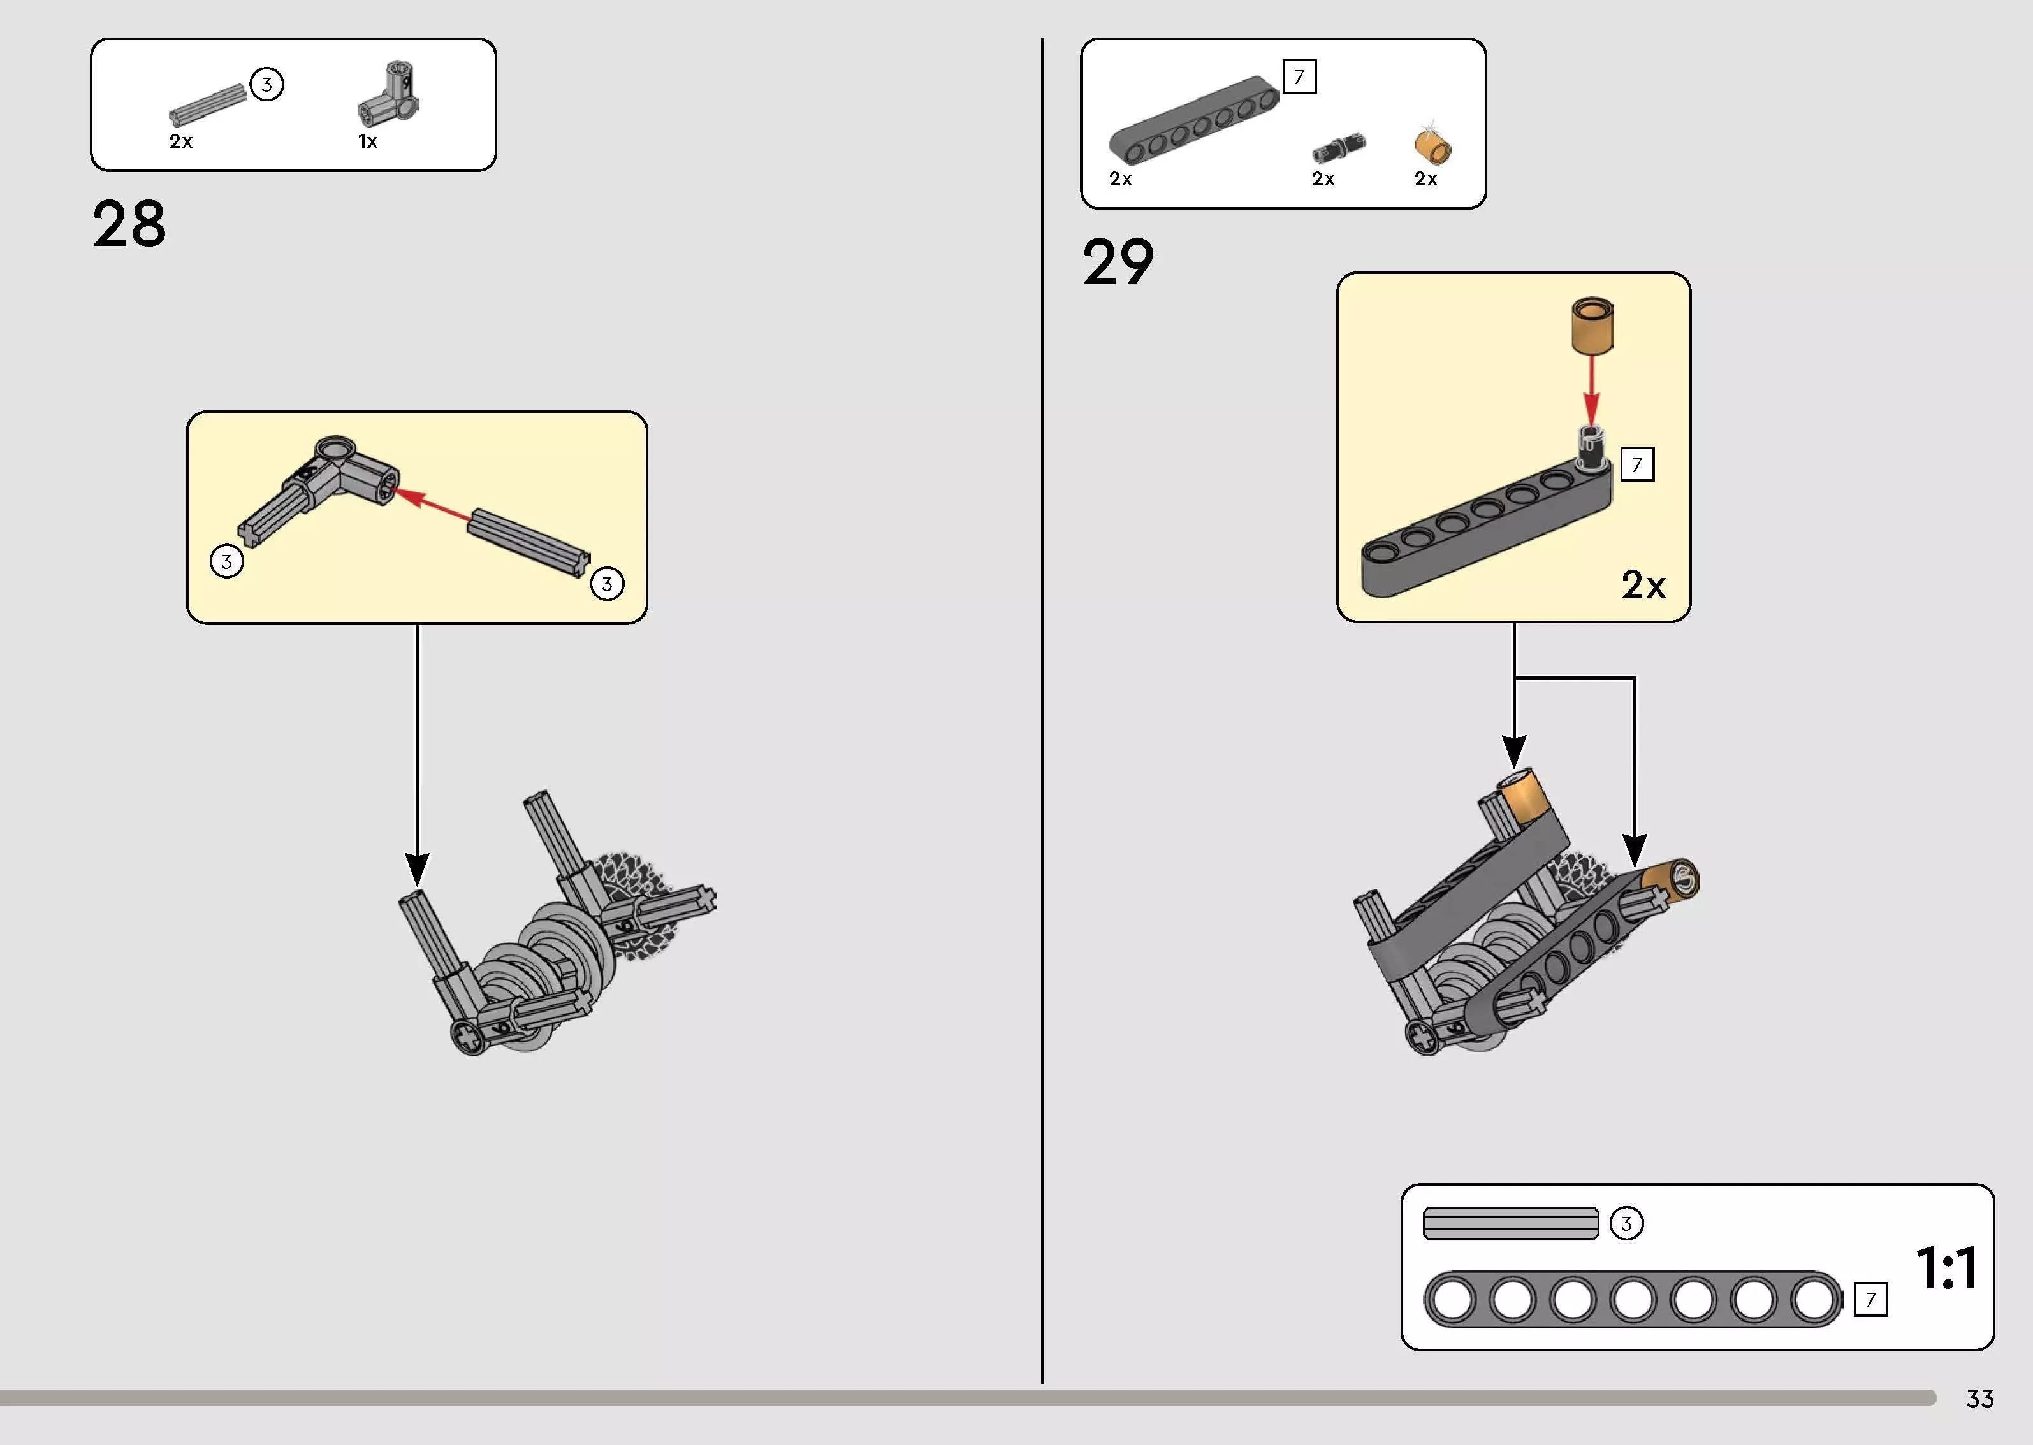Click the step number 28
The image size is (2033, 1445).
click(129, 224)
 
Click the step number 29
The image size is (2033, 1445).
click(1118, 262)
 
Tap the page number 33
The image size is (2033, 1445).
click(1979, 1398)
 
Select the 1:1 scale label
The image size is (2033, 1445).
click(1947, 1267)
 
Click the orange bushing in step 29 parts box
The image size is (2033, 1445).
click(1432, 145)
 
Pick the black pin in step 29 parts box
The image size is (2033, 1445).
click(1338, 147)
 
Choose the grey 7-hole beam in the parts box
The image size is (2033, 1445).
click(1193, 121)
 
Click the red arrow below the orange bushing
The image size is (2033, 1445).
click(1591, 389)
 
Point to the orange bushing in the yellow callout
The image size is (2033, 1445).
click(1591, 325)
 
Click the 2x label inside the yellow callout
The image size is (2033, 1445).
click(1643, 586)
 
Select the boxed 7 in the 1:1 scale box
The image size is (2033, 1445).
click(1870, 1300)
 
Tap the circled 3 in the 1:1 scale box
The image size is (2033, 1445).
click(1626, 1223)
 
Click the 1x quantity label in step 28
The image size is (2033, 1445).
click(368, 141)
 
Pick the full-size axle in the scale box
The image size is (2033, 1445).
click(1510, 1223)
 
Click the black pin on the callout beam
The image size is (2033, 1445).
click(1591, 449)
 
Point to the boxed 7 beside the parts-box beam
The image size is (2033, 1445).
click(1299, 76)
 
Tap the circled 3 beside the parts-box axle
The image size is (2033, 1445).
click(266, 85)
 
